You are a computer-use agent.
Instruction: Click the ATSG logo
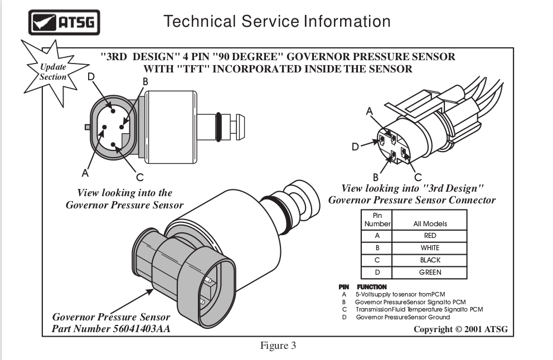tap(64, 22)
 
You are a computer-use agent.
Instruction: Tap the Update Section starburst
tap(53, 72)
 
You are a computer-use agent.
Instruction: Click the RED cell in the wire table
tap(430, 236)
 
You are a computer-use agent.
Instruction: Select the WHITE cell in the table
tap(430, 248)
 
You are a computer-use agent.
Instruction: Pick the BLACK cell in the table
tap(430, 260)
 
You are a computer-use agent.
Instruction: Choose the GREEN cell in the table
tap(430, 273)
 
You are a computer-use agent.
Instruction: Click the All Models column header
tap(430, 223)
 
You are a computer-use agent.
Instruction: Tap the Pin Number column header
tap(377, 220)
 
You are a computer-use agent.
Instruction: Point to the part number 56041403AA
tap(142, 329)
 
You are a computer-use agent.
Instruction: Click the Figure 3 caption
tap(278, 346)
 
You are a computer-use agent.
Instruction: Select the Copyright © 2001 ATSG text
tap(460, 329)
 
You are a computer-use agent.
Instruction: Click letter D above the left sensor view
tap(91, 76)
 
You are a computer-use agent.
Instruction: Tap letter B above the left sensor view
tap(145, 82)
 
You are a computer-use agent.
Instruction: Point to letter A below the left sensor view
tap(85, 173)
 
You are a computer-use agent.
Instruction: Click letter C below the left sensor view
tap(140, 177)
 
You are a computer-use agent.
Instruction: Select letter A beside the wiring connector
tap(369, 111)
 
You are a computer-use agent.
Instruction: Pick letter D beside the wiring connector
tap(356, 147)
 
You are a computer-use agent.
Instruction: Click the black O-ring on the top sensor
tap(219, 127)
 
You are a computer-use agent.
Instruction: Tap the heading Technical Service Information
tap(277, 21)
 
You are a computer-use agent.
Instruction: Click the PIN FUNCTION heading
tap(362, 287)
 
